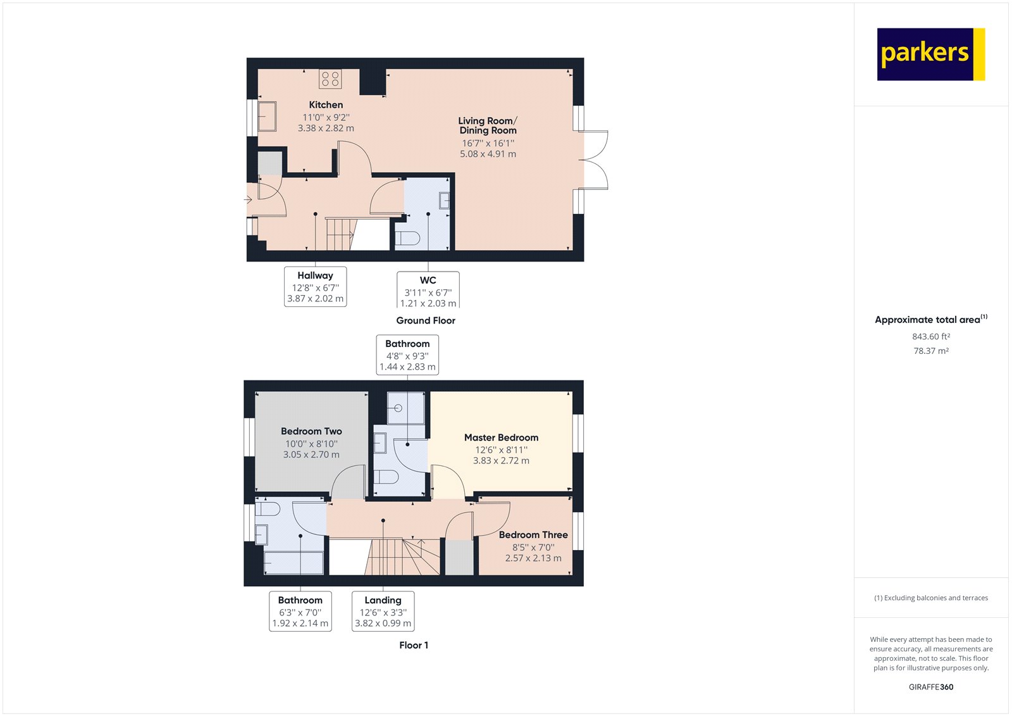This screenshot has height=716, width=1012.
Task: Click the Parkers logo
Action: [930, 54]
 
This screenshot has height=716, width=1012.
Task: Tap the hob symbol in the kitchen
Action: [330, 79]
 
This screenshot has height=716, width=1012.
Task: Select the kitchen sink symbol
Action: [267, 116]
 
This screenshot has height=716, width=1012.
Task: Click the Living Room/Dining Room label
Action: [488, 125]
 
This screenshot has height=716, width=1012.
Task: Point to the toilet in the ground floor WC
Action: [407, 239]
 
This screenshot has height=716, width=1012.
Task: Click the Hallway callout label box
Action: [315, 287]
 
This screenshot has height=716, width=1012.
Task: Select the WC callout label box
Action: [428, 291]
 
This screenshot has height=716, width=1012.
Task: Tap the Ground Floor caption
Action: [426, 321]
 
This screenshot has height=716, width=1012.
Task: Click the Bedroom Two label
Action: [311, 431]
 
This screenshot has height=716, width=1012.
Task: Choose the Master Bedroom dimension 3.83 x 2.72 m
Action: [501, 461]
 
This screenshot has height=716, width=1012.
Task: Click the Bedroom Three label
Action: [533, 535]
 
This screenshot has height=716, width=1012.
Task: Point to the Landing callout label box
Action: [383, 612]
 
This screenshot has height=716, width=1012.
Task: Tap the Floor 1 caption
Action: [414, 646]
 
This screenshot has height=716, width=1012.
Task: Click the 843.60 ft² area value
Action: [930, 337]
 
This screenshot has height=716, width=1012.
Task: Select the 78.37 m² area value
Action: [930, 351]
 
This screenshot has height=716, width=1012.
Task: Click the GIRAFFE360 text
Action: [930, 687]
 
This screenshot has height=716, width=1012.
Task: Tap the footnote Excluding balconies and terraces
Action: [930, 598]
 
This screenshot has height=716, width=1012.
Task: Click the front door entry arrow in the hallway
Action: [249, 200]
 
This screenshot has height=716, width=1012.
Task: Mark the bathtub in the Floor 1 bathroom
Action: [293, 563]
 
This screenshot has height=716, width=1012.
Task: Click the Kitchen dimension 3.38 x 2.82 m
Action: [326, 128]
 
